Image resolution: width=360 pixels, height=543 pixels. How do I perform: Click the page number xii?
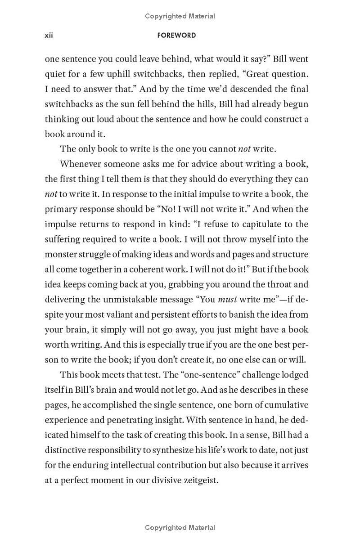[49, 36]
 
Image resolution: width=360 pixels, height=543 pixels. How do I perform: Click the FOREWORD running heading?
[176, 36]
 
